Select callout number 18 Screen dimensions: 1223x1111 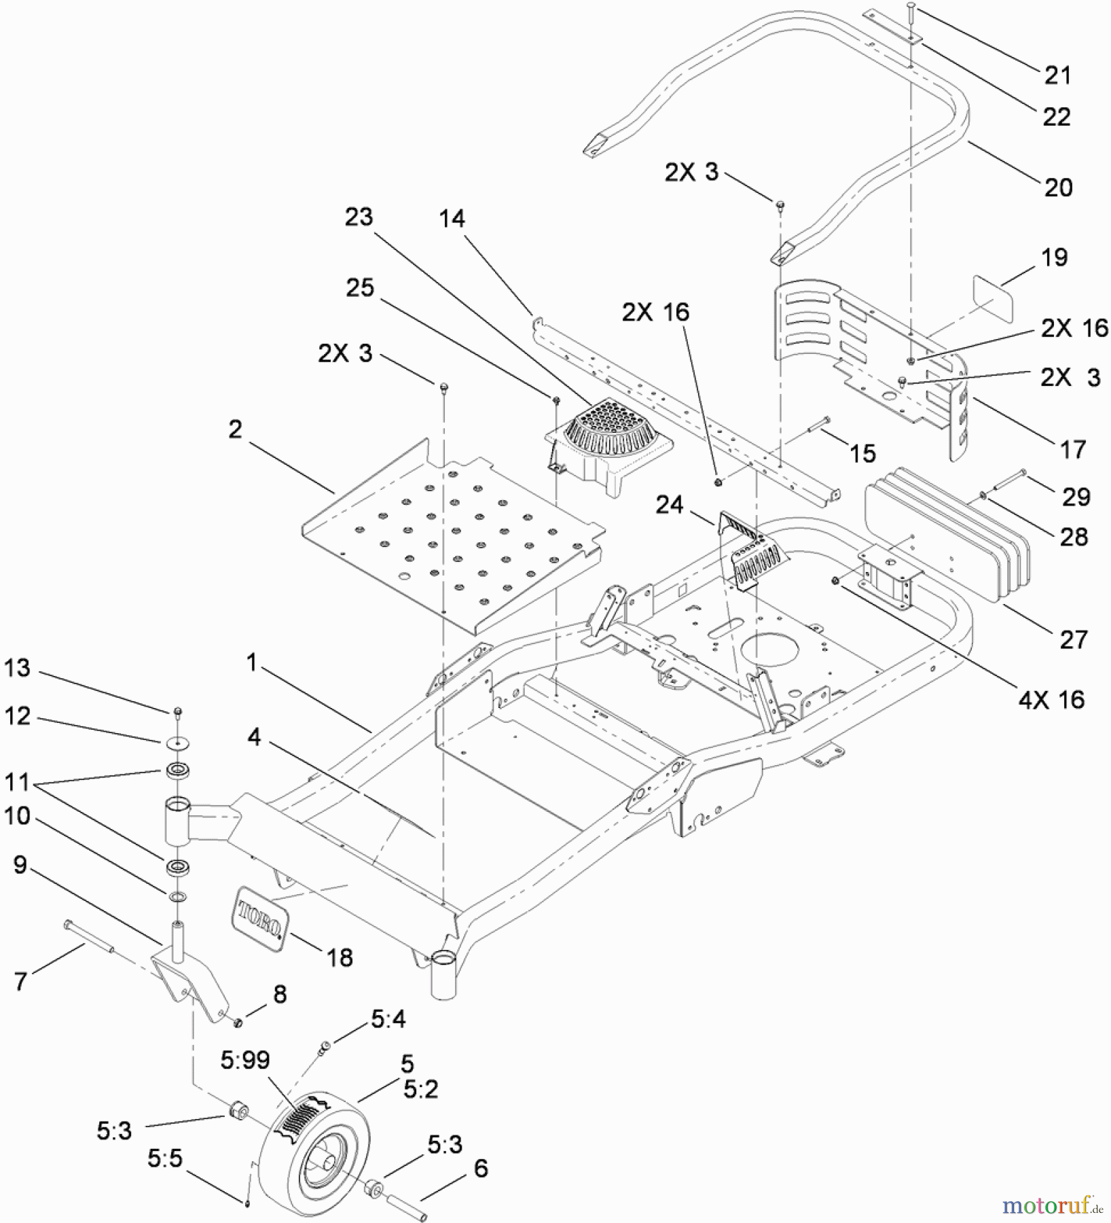point(340,957)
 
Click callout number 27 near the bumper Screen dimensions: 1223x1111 point(1073,639)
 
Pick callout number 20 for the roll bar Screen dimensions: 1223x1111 point(1057,188)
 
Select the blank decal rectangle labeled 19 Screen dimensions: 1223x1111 point(993,297)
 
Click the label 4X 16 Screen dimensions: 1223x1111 point(1051,699)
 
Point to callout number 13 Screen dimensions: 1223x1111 point(18,668)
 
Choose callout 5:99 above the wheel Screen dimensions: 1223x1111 point(244,1059)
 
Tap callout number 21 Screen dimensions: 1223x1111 point(1057,75)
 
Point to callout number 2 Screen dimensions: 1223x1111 point(235,429)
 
